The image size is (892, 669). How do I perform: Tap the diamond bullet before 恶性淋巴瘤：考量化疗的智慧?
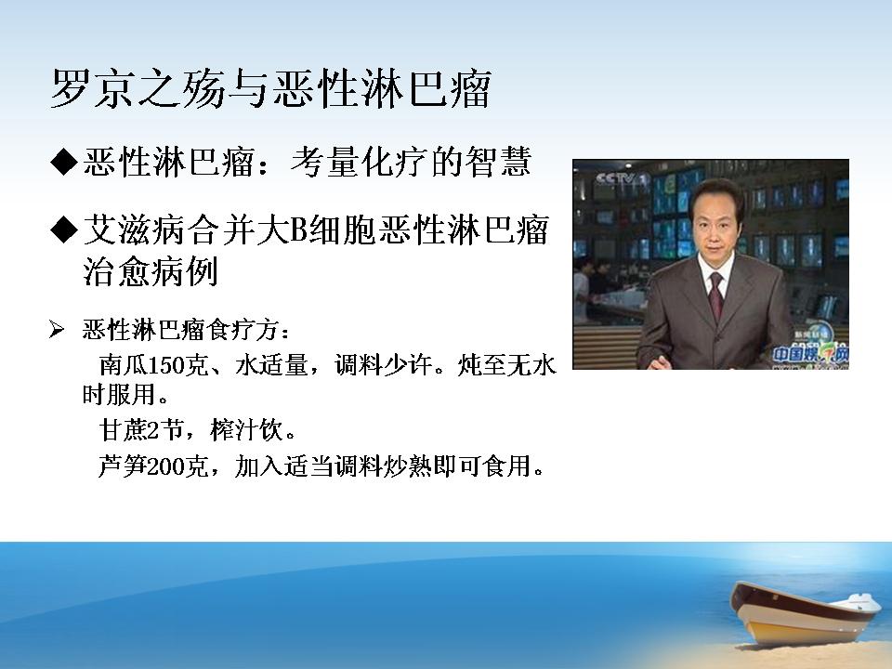tap(63, 162)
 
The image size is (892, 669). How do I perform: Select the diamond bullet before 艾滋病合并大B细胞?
tap(63, 230)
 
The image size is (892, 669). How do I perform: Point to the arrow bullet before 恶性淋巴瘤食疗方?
tap(57, 329)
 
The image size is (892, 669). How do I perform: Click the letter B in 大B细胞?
tap(299, 230)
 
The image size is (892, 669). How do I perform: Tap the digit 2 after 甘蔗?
tap(152, 430)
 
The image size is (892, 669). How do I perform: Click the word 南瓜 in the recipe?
tap(123, 364)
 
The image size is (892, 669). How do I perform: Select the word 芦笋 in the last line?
tap(123, 466)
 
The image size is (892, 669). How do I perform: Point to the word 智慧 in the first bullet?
tap(498, 162)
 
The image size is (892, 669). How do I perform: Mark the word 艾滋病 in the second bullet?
tap(134, 230)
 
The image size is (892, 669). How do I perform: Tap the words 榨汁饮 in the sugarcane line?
tap(246, 429)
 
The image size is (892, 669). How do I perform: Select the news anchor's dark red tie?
tap(716, 295)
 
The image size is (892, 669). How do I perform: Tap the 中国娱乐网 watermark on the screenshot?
tap(810, 354)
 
